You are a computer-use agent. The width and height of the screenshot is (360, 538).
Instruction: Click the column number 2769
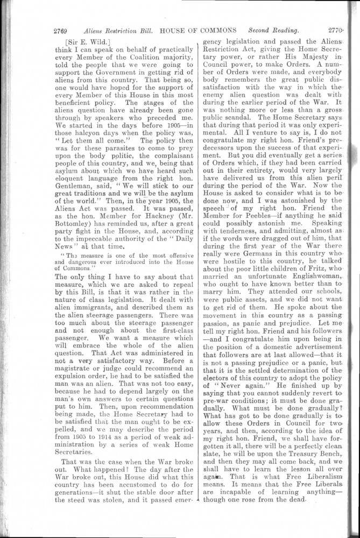coord(65,29)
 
